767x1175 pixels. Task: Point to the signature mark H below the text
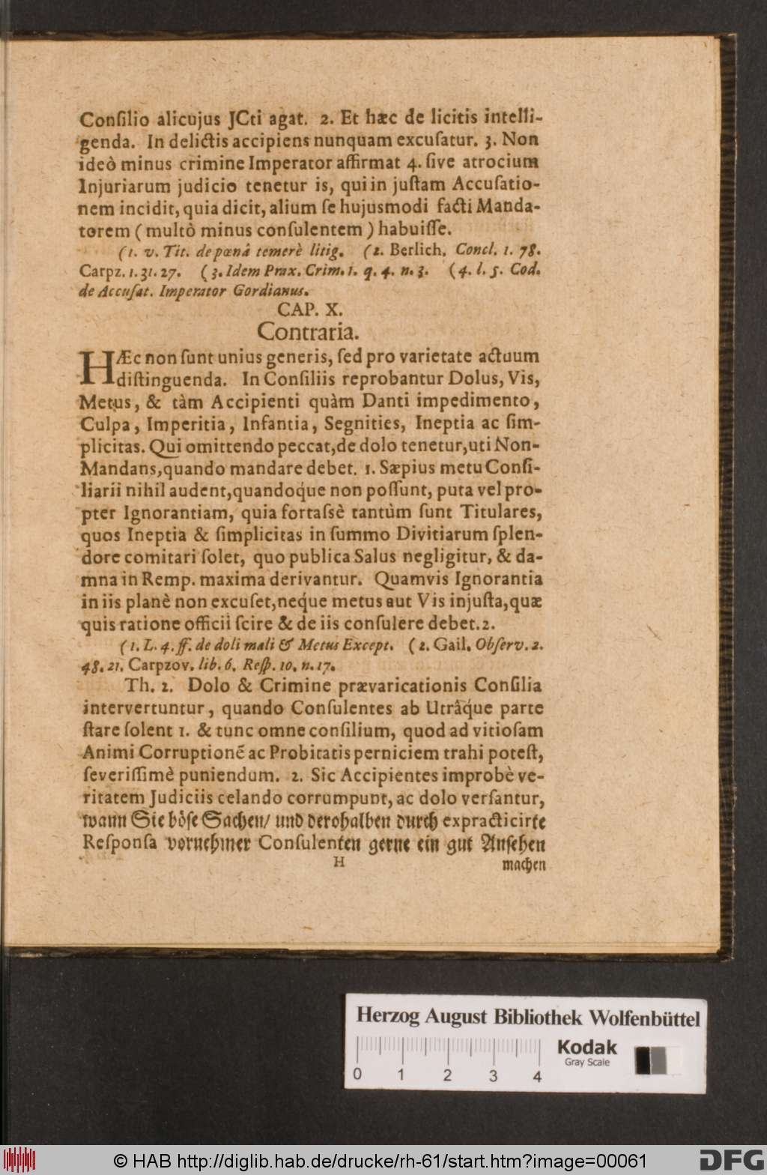pyautogui.click(x=339, y=863)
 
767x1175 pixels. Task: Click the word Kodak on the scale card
pyautogui.click(x=586, y=1047)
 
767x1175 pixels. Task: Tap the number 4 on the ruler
pyautogui.click(x=537, y=1077)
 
